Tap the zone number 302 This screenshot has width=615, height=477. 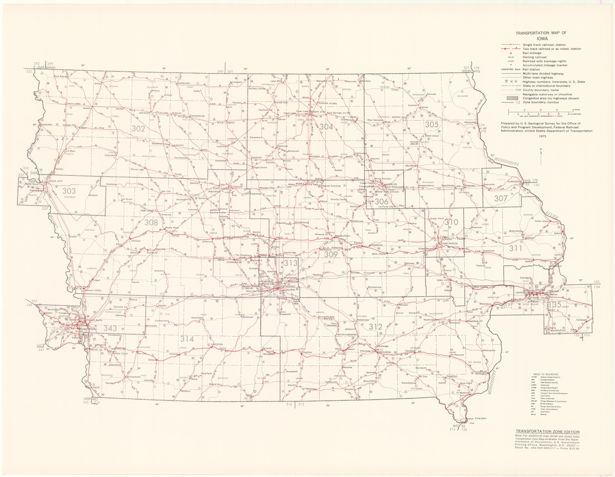coord(138,129)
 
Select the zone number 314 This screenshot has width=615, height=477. coord(187,339)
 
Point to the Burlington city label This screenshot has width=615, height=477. coord(481,374)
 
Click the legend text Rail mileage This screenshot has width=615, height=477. coord(532,53)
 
